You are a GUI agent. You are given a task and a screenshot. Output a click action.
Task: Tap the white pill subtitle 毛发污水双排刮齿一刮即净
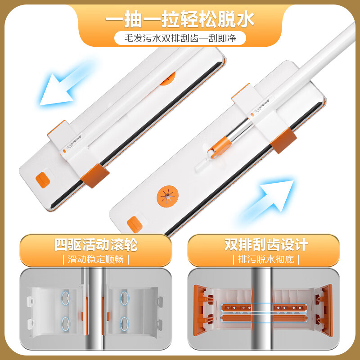pos(180,38)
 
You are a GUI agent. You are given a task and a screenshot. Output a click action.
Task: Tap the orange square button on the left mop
pos(42,180)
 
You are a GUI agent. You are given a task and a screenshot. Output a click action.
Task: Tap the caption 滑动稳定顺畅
pos(95,259)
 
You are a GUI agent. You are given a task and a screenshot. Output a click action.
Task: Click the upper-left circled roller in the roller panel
pos(67,298)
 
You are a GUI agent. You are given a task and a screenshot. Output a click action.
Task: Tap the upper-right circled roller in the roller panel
pos(125,298)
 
